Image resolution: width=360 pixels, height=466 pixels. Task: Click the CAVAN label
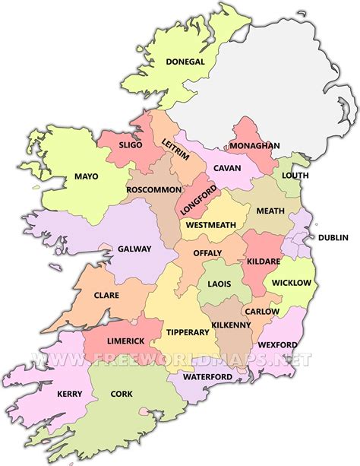pyautogui.click(x=227, y=167)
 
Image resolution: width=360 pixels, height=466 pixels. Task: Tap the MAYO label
pyautogui.click(x=87, y=177)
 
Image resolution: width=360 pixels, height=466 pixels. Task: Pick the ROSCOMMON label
pyautogui.click(x=154, y=189)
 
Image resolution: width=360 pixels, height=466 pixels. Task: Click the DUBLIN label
pyautogui.click(x=333, y=237)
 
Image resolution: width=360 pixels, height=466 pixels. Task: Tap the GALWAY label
pyautogui.click(x=134, y=249)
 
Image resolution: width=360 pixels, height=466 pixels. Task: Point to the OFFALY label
pyautogui.click(x=207, y=252)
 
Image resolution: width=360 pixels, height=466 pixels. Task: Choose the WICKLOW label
pyautogui.click(x=292, y=283)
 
